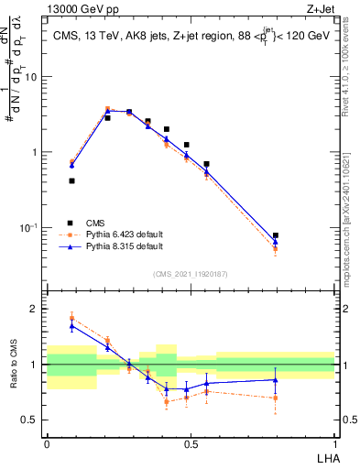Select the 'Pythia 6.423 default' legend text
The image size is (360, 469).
[125, 234]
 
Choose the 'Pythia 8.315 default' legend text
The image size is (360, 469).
[125, 246]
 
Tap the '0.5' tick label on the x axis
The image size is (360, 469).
[191, 442]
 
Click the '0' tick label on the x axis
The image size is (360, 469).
[47, 442]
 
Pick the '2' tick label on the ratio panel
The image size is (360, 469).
[34, 309]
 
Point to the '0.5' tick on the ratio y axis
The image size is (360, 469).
[29, 420]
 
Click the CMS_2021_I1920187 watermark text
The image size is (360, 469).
[191, 273]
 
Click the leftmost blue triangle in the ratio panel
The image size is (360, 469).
[72, 325]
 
